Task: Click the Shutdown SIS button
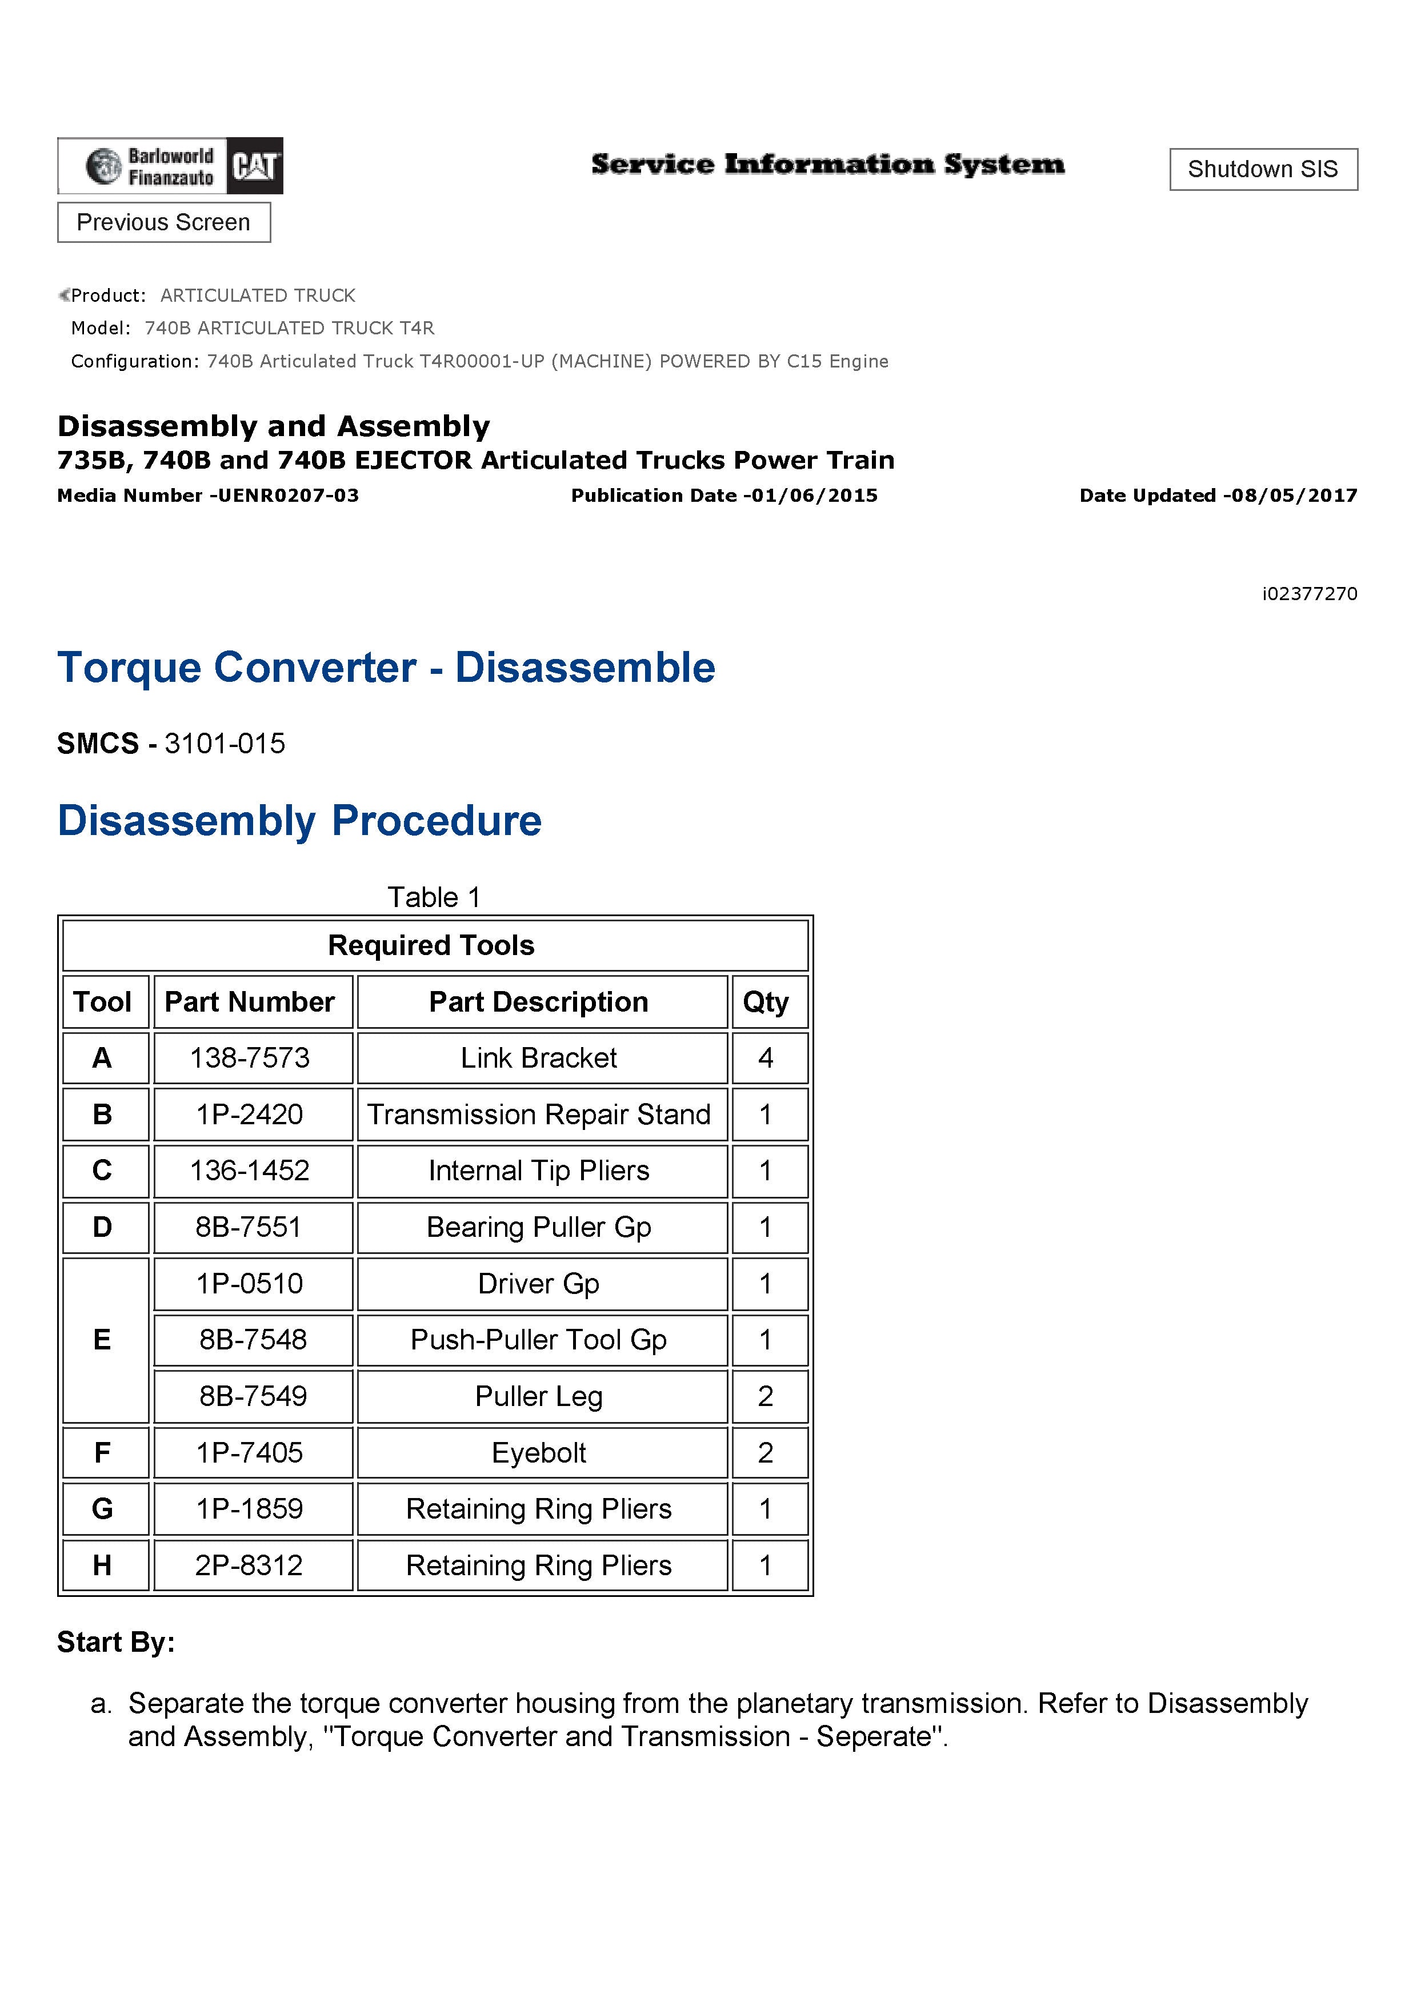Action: (x=1263, y=169)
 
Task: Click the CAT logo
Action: (x=254, y=166)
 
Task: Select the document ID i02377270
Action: (x=1309, y=594)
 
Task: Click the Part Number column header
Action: (x=250, y=1001)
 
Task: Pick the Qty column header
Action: (x=766, y=1001)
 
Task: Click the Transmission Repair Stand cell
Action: (x=539, y=1115)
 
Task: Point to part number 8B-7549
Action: (x=253, y=1396)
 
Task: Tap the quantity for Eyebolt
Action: (x=766, y=1452)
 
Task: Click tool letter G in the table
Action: (x=102, y=1508)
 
